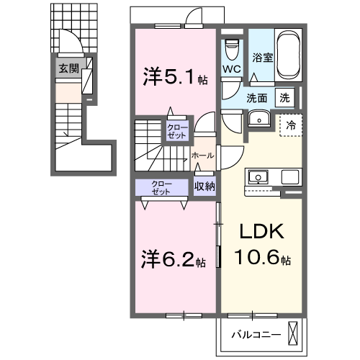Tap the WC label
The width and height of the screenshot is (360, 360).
(231, 69)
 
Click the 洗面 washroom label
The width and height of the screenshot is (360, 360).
(258, 97)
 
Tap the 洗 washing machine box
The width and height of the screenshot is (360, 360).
(286, 97)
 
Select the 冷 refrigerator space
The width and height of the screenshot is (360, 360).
(291, 124)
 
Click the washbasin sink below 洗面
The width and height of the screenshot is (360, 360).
(257, 120)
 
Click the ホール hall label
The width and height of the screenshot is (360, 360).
(201, 156)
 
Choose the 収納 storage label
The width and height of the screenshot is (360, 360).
(204, 186)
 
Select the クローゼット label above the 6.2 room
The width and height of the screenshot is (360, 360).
(161, 186)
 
